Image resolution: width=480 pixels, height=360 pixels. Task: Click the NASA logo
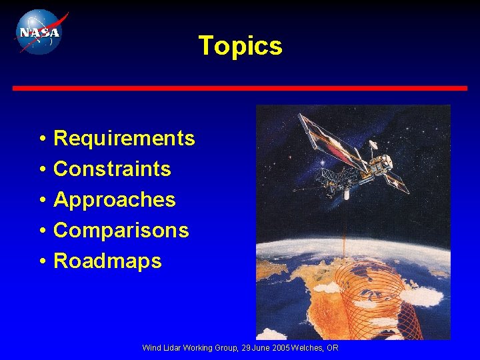click(38, 31)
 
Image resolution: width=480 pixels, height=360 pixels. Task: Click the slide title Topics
click(240, 46)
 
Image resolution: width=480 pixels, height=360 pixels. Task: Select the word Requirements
click(124, 139)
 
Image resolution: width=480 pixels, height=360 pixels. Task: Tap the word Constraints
click(112, 169)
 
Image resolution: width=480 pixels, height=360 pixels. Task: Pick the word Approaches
click(115, 200)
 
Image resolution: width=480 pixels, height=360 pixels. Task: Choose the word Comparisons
click(121, 231)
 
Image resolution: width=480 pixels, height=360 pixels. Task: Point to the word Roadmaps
click(107, 261)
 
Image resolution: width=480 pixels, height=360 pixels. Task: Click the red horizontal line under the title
click(240, 88)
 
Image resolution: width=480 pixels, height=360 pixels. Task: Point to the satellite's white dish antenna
click(373, 144)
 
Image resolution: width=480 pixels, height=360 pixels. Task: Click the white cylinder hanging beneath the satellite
click(347, 195)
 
